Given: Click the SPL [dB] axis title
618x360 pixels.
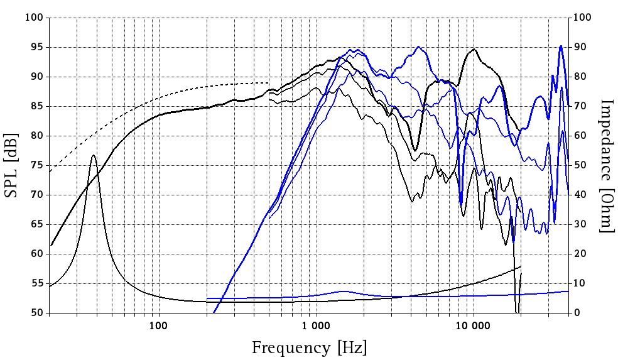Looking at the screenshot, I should point(13,165).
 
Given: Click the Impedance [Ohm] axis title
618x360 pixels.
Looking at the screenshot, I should point(605,165).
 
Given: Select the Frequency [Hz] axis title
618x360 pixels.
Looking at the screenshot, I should point(309,347).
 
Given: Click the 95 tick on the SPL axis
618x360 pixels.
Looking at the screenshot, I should point(36,47).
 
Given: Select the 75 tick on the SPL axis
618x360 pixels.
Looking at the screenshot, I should point(36,165).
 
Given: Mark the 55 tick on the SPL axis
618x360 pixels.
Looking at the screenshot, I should point(36,283).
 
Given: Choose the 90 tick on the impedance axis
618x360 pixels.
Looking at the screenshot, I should point(580,47).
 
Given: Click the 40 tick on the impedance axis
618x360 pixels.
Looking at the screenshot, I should point(580,195).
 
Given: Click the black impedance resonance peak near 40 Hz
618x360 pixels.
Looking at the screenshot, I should point(94,155).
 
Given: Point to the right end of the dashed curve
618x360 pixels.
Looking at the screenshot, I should point(269,82).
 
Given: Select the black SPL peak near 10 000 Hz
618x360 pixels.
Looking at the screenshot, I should point(474,49).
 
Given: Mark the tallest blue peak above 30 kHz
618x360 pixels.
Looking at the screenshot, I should point(560,46).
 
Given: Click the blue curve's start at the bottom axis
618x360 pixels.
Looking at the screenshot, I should point(214,312).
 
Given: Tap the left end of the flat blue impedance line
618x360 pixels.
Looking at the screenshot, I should point(207,298).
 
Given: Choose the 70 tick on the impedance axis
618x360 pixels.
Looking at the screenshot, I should point(580,106).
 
